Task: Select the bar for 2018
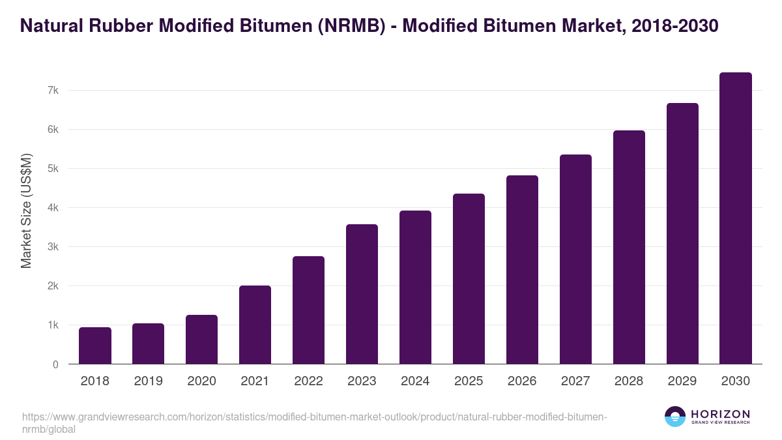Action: click(x=95, y=345)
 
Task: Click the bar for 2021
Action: click(x=255, y=325)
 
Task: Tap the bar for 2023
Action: click(x=362, y=294)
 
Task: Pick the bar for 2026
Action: click(x=522, y=270)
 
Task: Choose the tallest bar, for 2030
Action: click(x=736, y=218)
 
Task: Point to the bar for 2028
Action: click(x=629, y=247)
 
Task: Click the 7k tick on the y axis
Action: click(x=53, y=90)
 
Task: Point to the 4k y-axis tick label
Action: click(x=53, y=208)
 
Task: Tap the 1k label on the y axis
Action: click(x=53, y=325)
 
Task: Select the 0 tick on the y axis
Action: click(x=55, y=364)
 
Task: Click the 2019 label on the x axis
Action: click(x=148, y=381)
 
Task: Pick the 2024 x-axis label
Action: click(x=415, y=381)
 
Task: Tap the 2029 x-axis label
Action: click(x=682, y=381)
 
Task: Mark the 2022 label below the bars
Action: click(x=308, y=381)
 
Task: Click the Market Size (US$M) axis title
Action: click(x=27, y=211)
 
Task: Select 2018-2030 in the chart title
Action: click(x=675, y=26)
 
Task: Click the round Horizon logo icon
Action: click(x=675, y=417)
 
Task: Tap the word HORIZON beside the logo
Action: click(x=720, y=414)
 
